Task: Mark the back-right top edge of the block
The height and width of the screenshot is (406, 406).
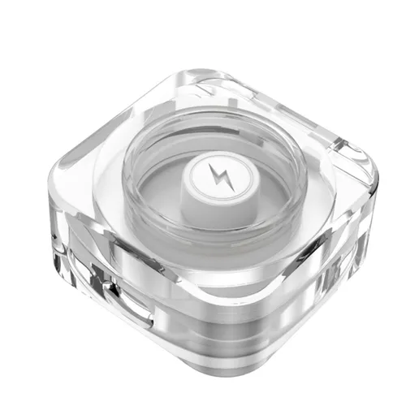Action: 292,110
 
